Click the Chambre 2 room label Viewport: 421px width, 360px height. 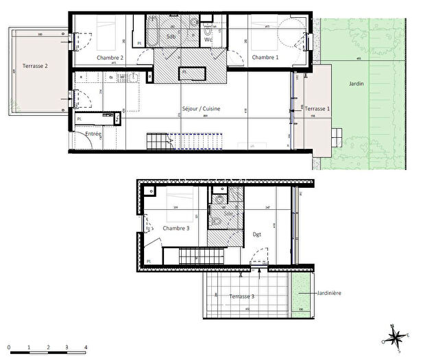(x=110, y=58)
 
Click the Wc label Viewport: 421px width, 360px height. (x=208, y=40)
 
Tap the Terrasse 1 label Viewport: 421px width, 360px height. (x=317, y=109)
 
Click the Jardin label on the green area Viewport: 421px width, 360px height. (x=355, y=84)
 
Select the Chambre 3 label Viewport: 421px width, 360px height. (x=176, y=228)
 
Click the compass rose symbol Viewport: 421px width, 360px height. (x=394, y=337)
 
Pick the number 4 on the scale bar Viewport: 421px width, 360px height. (x=85, y=348)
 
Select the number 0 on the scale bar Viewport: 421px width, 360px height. (x=10, y=348)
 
